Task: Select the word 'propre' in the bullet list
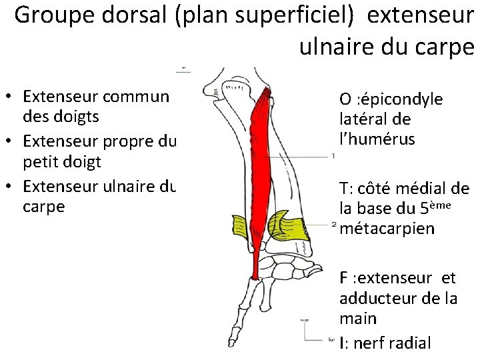[x=126, y=142]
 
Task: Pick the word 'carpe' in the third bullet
[x=43, y=206]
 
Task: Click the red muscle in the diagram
[x=260, y=167]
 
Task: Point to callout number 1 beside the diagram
[x=332, y=156]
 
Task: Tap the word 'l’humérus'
[x=377, y=140]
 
